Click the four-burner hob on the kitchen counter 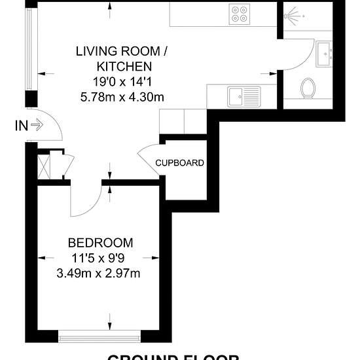[x=240, y=14]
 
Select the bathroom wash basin [x=325, y=55]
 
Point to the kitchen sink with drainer [x=243, y=96]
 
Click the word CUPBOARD [x=179, y=163]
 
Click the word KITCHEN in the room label [x=124, y=66]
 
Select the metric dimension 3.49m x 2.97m [x=98, y=272]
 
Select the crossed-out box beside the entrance [x=45, y=164]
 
